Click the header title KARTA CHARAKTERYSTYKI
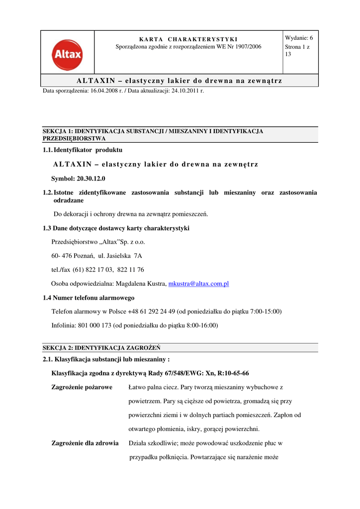coord(188,39)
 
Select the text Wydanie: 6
coord(299,38)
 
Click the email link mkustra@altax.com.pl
coord(198,283)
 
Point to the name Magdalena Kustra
coord(141,283)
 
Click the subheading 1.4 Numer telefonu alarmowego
coord(89,298)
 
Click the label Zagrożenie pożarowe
coord(82,387)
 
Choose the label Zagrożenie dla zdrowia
coord(85,443)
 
